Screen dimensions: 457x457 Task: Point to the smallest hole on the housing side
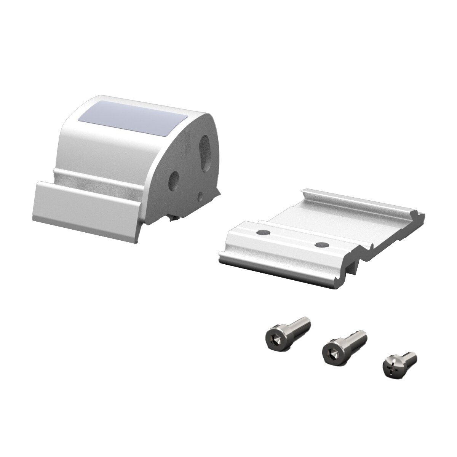(x=200, y=196)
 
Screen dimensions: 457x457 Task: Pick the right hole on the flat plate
(x=321, y=244)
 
